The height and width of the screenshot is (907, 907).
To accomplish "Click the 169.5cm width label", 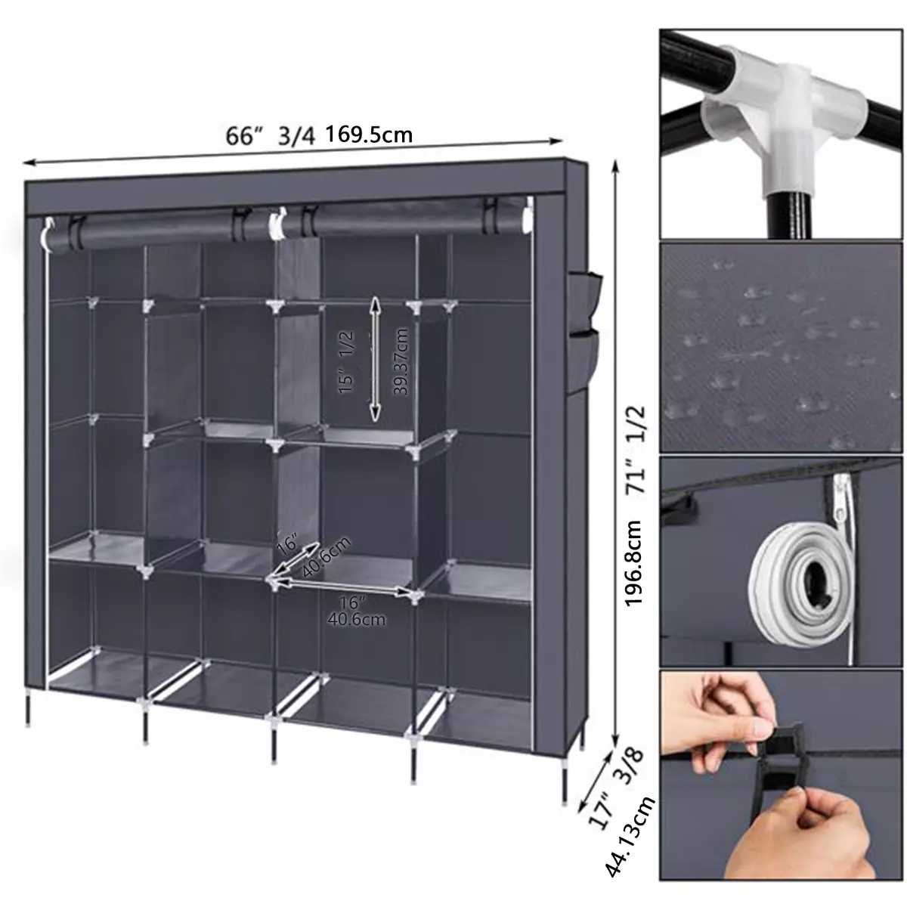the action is [369, 134].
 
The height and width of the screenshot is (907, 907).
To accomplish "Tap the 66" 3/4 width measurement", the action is [270, 137].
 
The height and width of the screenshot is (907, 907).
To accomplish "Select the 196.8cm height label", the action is [633, 563].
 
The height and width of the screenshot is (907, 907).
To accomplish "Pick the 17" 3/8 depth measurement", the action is [617, 794].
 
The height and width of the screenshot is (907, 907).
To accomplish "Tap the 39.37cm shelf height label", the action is [401, 361].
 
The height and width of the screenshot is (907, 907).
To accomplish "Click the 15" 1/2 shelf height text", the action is [346, 362].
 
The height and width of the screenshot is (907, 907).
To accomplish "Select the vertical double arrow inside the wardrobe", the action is [375, 359].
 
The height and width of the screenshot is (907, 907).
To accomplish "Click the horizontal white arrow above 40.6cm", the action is [342, 586].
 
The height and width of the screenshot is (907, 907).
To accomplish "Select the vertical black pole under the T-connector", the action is [791, 215].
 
